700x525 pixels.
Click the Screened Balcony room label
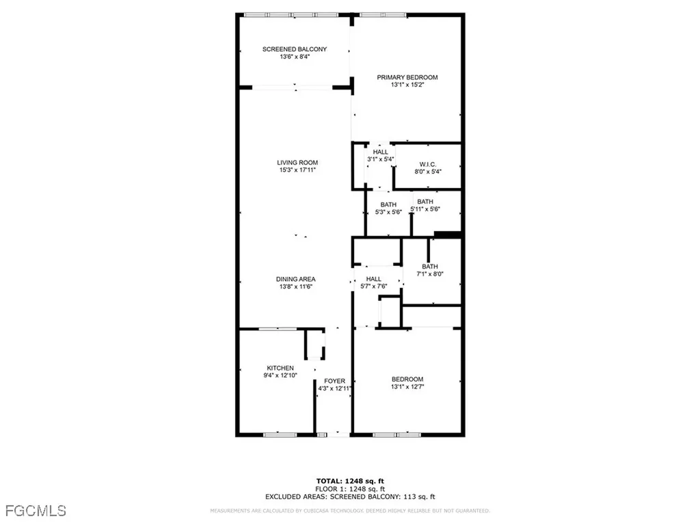295,49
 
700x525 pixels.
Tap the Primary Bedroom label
407,77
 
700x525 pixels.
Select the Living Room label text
297,163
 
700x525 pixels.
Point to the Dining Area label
295,279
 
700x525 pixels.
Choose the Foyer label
334,381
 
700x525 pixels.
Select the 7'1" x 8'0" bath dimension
430,274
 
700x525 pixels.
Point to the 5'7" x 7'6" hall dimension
373,286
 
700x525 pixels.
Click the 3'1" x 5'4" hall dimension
380,159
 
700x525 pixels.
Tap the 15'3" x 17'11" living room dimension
297,170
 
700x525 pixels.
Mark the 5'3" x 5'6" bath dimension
388,212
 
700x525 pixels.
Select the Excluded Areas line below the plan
350,497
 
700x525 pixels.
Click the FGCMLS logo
33,510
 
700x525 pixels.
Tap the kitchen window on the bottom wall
280,433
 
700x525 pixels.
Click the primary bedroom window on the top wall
383,14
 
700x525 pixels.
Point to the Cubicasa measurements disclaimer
350,511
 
